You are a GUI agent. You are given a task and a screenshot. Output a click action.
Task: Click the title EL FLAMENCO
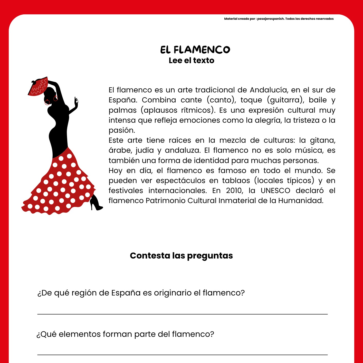point(195,50)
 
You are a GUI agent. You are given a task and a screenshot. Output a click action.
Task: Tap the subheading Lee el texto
point(192,61)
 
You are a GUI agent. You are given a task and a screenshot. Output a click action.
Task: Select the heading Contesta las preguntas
point(181,256)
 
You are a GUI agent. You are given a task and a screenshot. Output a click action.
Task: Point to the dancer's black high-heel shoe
point(95,203)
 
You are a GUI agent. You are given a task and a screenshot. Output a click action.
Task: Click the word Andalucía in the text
point(269,90)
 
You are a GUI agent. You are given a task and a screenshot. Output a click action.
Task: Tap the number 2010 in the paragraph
point(235,191)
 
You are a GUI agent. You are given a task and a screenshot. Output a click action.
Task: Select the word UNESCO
point(275,191)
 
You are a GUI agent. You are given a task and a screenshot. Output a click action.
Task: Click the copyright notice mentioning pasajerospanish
point(279,19)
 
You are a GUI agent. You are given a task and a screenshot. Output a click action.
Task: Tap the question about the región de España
point(141,293)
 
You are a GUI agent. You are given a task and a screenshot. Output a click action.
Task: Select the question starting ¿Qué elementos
point(125,334)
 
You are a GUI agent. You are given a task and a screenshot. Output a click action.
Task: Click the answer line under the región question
point(182,314)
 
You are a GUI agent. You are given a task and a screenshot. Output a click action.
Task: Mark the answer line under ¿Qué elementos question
point(182,355)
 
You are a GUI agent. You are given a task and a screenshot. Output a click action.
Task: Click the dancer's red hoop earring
point(47,102)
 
